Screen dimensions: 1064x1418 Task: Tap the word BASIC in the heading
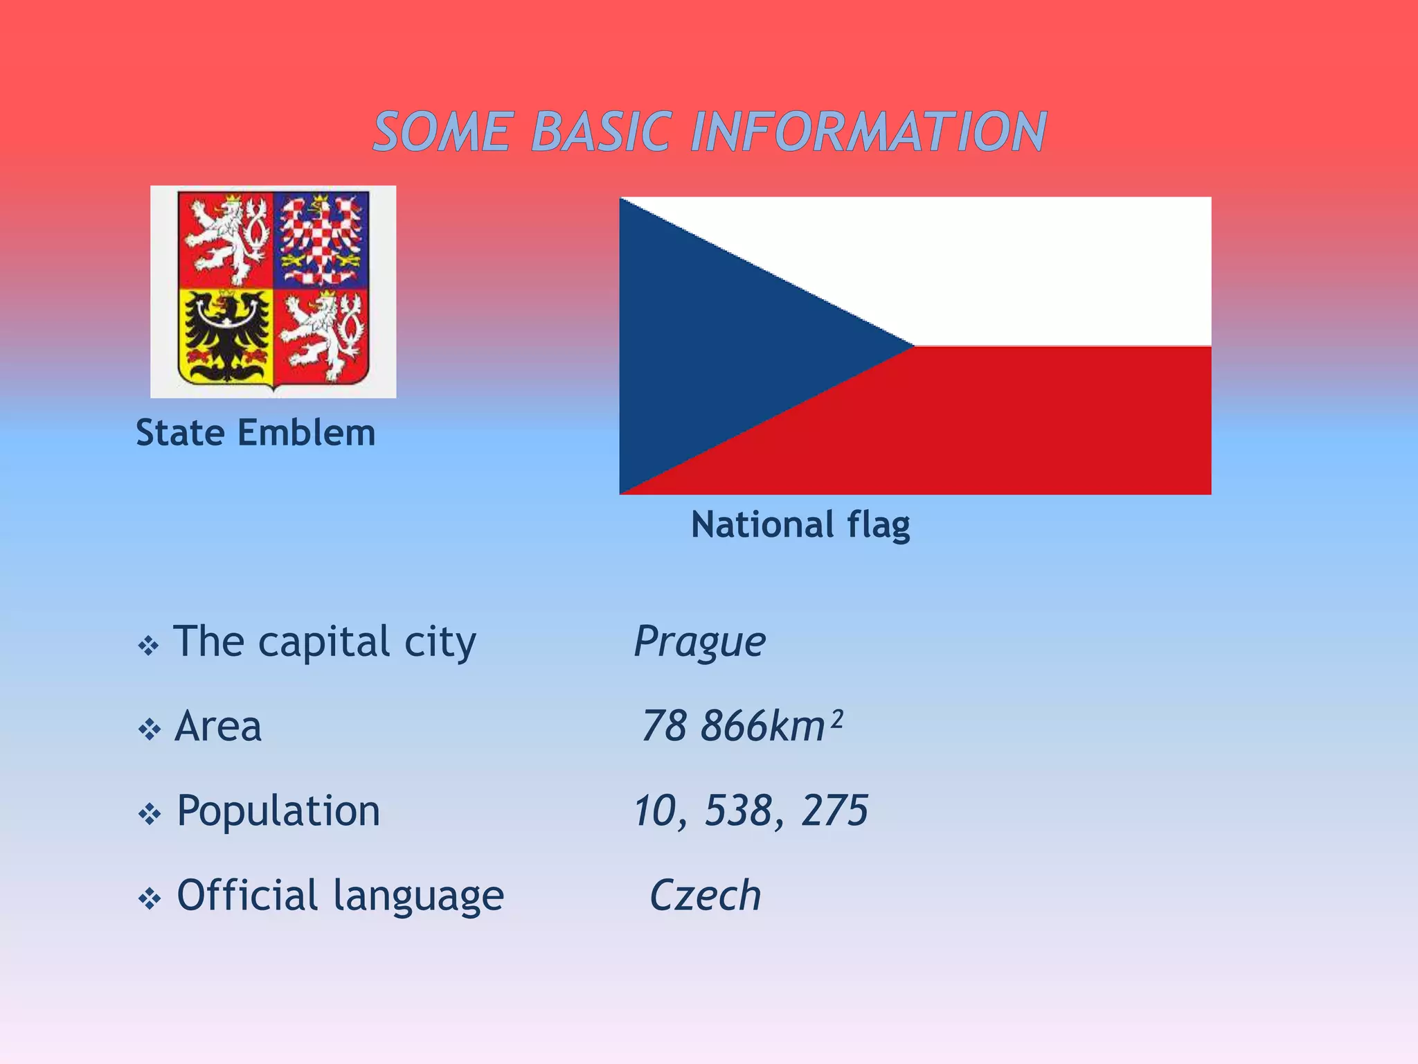pos(601,132)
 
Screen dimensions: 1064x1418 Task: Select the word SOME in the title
pos(443,132)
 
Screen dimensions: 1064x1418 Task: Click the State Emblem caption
pos(255,433)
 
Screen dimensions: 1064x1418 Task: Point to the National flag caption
pos(800,524)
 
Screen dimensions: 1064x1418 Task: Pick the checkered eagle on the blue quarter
pos(321,240)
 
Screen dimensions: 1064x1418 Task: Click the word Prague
pos(699,641)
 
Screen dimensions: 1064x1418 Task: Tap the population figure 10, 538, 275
pos(751,810)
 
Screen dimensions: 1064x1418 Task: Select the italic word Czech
pos(705,895)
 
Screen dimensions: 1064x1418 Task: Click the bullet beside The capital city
pos(149,646)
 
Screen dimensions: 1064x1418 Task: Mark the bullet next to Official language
pos(149,899)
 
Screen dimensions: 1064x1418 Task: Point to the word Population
pos(278,810)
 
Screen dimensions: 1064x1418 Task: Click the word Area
pos(218,726)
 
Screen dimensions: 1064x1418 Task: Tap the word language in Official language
pos(418,896)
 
